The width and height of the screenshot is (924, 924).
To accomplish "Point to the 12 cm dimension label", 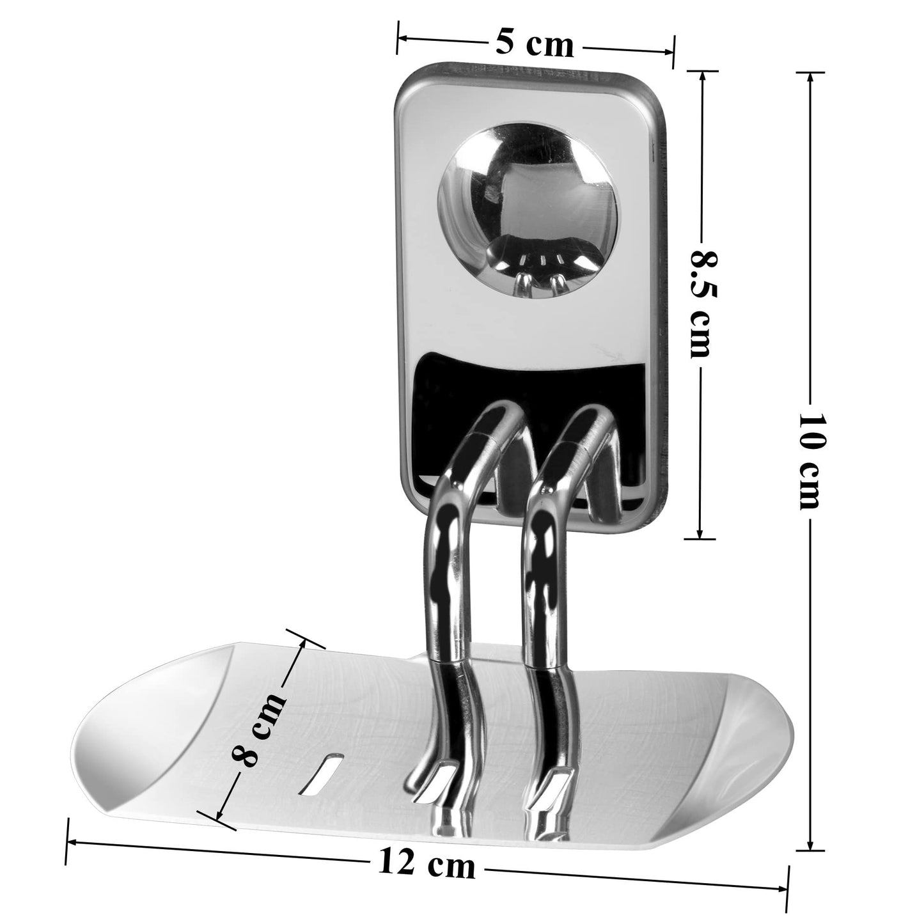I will point(427,865).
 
